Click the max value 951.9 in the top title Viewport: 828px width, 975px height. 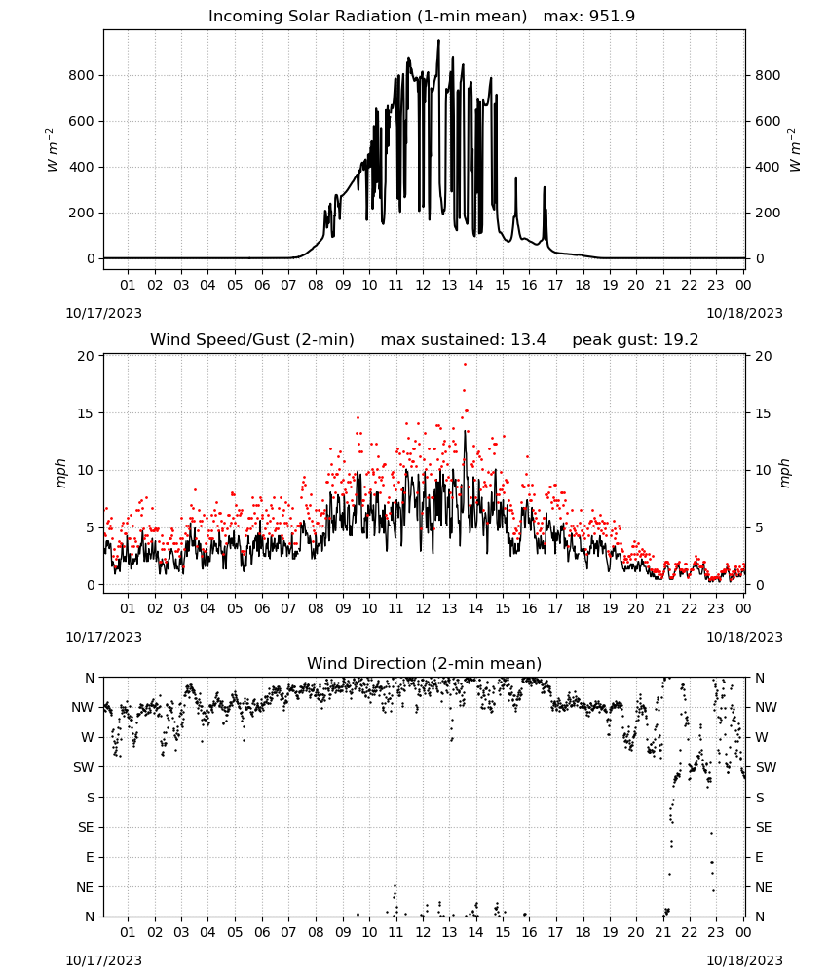pyautogui.click(x=612, y=17)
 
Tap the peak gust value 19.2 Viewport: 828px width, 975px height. pyautogui.click(x=680, y=340)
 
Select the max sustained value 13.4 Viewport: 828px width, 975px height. pyautogui.click(x=528, y=340)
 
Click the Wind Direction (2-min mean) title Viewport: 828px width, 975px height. pyautogui.click(x=425, y=663)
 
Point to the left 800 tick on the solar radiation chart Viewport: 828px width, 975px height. pyautogui.click(x=81, y=75)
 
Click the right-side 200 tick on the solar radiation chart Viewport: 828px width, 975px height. pyautogui.click(x=768, y=213)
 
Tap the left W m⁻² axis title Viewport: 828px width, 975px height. pyautogui.click(x=53, y=150)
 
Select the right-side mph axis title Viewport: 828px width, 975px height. pyautogui.click(x=784, y=473)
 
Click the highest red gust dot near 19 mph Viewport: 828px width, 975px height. pyautogui.click(x=465, y=365)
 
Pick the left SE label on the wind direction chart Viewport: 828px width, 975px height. pyautogui.click(x=86, y=827)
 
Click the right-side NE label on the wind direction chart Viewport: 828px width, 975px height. pyautogui.click(x=764, y=887)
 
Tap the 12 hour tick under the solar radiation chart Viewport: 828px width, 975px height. pyautogui.click(x=423, y=285)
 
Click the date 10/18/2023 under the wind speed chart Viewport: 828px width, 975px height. pyautogui.click(x=744, y=637)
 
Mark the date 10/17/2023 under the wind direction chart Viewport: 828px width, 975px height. pyautogui.click(x=103, y=960)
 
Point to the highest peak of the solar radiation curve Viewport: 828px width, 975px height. pyautogui.click(x=438, y=40)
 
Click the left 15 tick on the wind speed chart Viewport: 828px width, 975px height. pyautogui.click(x=86, y=413)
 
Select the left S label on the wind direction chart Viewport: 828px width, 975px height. pyautogui.click(x=91, y=798)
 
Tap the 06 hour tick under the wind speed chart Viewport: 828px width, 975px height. pyautogui.click(x=262, y=608)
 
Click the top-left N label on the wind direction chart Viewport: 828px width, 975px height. pyautogui.click(x=90, y=678)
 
